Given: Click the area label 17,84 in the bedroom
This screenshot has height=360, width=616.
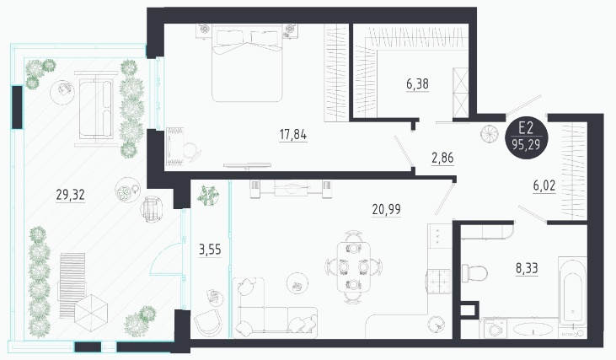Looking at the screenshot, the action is click(293, 135).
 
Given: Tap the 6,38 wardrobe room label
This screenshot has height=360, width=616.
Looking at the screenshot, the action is click(417, 84).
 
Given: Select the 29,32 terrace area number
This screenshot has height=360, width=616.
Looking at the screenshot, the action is click(70, 195).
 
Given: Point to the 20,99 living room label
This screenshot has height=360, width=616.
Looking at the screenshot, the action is click(387, 209).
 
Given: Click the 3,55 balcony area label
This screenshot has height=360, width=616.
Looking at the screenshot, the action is click(210, 250).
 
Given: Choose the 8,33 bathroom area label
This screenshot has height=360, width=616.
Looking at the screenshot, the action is click(527, 268).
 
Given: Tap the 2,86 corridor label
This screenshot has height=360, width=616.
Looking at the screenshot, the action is click(442, 158).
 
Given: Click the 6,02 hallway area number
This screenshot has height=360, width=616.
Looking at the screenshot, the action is click(544, 185).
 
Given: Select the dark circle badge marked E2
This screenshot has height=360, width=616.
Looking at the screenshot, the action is click(526, 137).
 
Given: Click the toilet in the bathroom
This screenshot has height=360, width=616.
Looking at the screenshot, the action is click(474, 272).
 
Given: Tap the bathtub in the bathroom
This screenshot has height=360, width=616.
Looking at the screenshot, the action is click(572, 292).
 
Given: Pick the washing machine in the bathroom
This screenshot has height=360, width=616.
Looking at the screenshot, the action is click(494, 328).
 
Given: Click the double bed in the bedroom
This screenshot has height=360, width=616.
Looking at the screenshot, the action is click(247, 63).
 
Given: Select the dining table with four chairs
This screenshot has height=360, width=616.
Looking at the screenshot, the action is click(354, 267).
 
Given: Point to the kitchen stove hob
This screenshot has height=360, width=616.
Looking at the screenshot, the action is click(439, 281).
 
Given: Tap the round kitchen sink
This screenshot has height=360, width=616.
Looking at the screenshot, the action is click(437, 323).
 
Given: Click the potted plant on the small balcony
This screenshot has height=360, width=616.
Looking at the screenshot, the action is click(208, 196).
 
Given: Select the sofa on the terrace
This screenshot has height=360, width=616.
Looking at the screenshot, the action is click(96, 108).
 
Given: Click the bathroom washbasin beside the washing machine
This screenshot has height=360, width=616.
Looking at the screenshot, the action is click(533, 330).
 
